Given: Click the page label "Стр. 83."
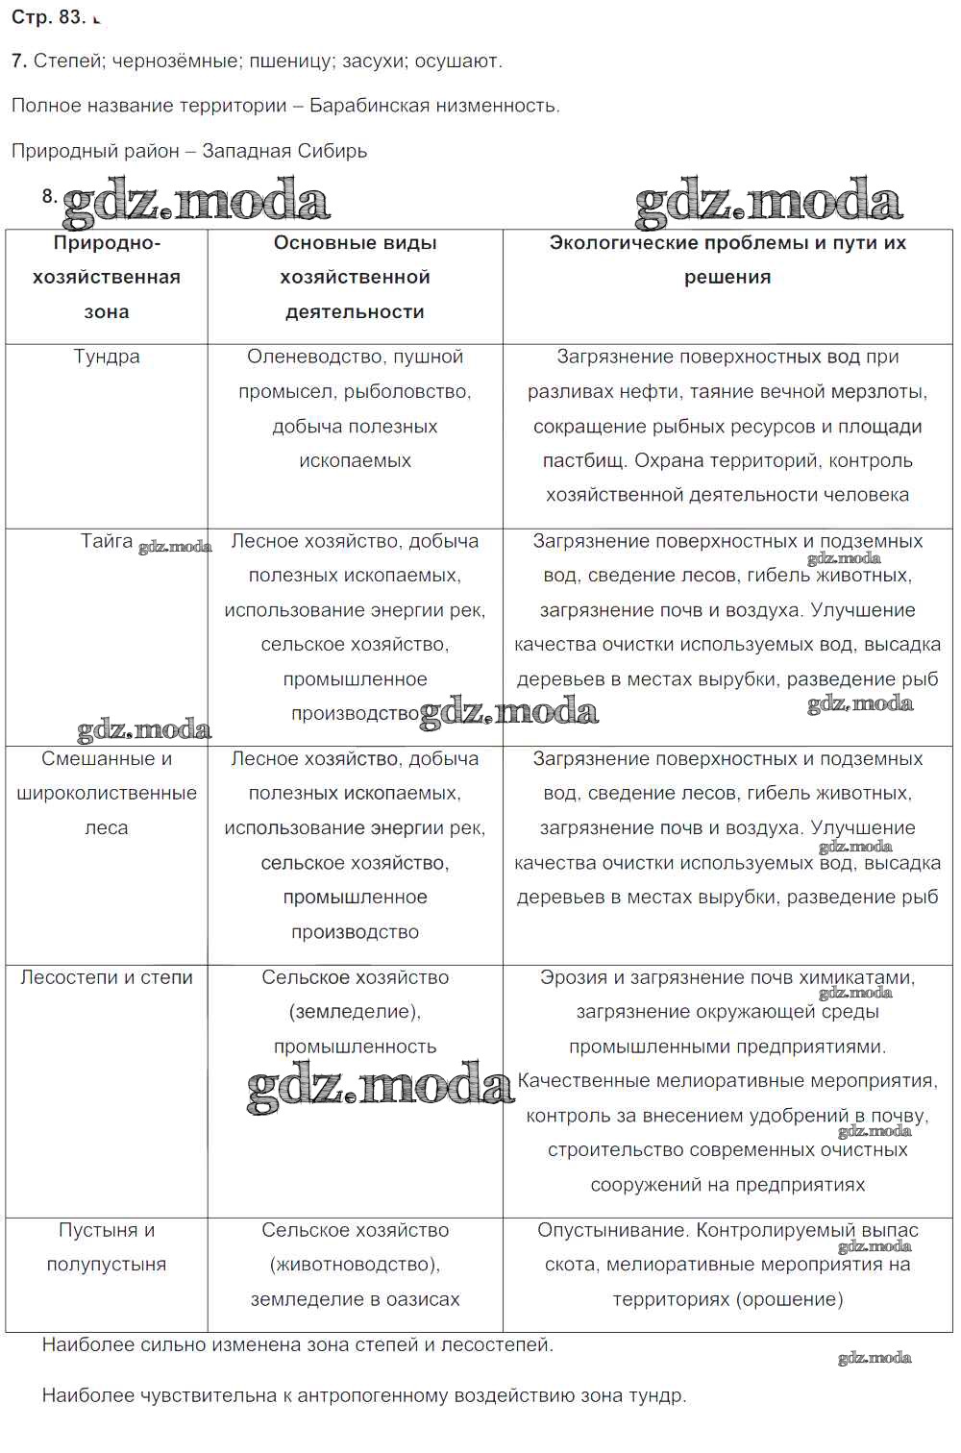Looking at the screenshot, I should (49, 16).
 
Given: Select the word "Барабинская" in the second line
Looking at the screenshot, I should (383, 106).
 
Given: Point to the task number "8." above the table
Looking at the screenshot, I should (50, 196).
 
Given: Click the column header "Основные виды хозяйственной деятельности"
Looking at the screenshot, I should (355, 277).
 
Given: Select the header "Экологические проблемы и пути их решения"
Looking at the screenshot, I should (727, 259).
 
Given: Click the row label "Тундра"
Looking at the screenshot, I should (107, 357).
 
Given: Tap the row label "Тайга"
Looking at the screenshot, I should (106, 541).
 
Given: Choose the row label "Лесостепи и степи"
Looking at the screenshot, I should (107, 977).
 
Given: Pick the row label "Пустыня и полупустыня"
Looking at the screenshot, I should (107, 1247).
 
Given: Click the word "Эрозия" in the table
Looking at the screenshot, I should (571, 977).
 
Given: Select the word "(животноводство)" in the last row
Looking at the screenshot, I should (355, 1265).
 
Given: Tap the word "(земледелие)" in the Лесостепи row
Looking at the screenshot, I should (355, 1012).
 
